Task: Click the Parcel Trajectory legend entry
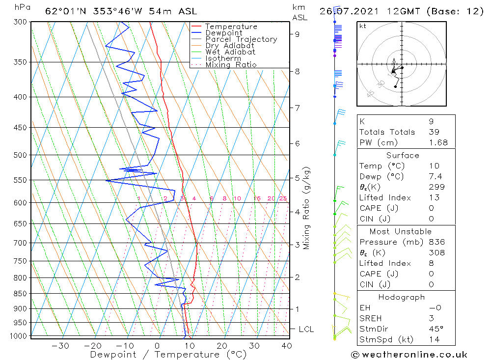click(241, 39)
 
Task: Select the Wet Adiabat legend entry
click(230, 52)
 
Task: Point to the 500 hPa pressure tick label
click(20, 155)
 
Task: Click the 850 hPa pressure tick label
click(20, 294)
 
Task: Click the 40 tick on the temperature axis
click(286, 345)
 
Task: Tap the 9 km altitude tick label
click(298, 34)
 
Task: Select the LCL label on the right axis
click(306, 329)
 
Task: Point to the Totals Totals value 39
click(434, 132)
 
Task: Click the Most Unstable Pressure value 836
click(436, 242)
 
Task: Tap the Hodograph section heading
click(402, 297)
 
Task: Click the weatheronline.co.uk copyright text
click(409, 355)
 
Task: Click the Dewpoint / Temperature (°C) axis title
click(168, 355)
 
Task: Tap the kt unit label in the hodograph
click(363, 26)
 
